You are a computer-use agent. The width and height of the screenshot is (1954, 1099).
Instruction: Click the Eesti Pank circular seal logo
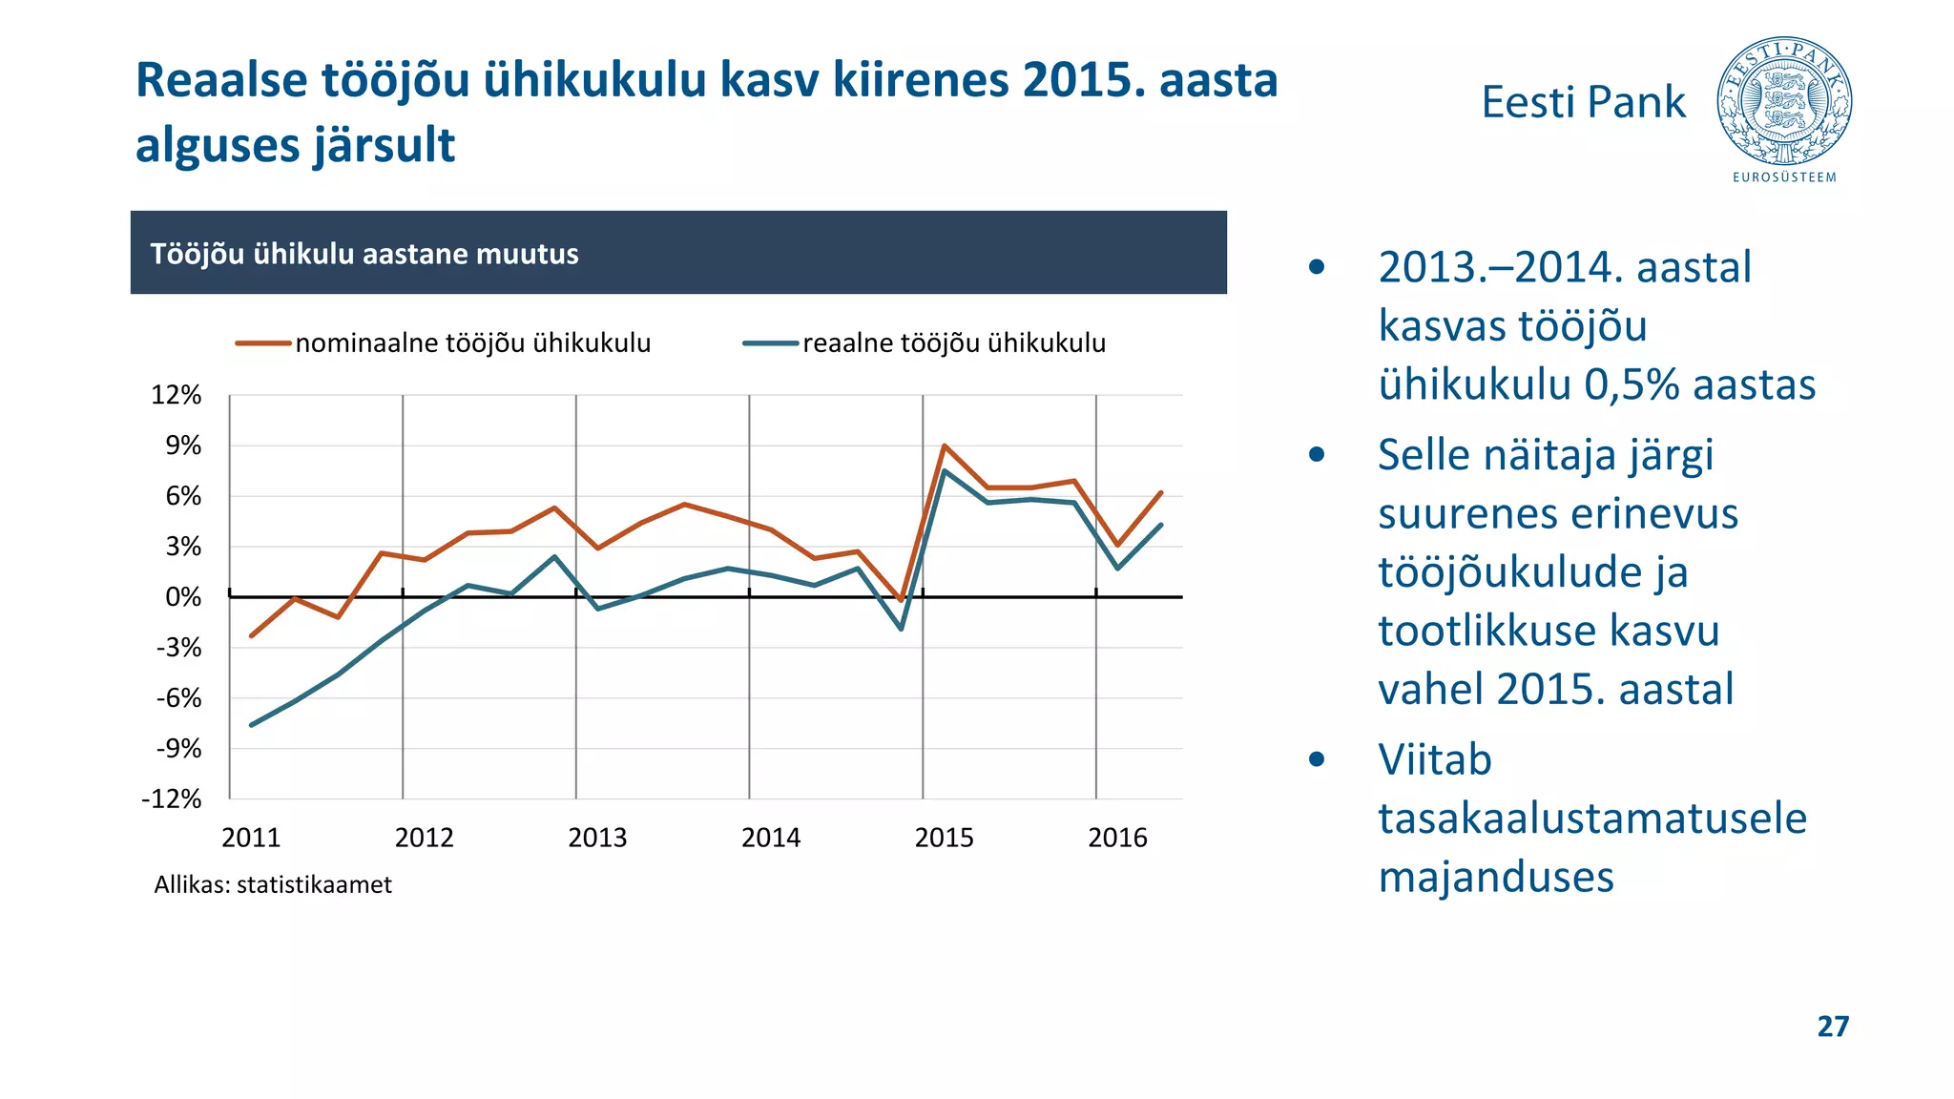[1783, 102]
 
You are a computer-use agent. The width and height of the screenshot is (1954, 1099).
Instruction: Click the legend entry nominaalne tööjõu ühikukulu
[472, 343]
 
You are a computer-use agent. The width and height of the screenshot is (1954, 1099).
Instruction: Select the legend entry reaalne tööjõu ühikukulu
[953, 343]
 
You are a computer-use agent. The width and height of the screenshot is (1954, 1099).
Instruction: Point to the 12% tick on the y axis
[177, 395]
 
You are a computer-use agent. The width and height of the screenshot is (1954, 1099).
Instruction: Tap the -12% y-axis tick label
[173, 799]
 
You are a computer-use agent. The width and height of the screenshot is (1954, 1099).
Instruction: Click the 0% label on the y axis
[183, 597]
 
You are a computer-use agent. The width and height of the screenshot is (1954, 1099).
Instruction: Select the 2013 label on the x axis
[597, 838]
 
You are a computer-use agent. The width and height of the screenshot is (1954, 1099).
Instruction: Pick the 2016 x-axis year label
[1117, 838]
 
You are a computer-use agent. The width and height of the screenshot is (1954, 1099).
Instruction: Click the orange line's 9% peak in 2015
[944, 446]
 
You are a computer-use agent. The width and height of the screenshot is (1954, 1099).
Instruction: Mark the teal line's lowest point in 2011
[252, 725]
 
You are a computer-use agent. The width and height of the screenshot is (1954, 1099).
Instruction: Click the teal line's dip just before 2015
[901, 629]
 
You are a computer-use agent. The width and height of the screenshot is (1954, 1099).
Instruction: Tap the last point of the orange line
[1161, 492]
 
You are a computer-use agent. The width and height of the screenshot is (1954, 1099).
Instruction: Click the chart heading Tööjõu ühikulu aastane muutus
[364, 254]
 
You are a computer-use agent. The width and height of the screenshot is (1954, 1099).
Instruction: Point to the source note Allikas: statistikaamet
[273, 884]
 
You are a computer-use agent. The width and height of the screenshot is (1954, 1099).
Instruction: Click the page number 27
[1833, 1026]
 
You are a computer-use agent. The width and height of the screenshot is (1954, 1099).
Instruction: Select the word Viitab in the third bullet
[1434, 760]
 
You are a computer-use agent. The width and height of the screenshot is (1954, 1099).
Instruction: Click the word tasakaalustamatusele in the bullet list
[1591, 819]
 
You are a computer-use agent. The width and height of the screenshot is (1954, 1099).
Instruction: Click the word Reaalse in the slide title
[221, 80]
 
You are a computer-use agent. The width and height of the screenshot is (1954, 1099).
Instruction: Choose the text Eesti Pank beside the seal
[1583, 102]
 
